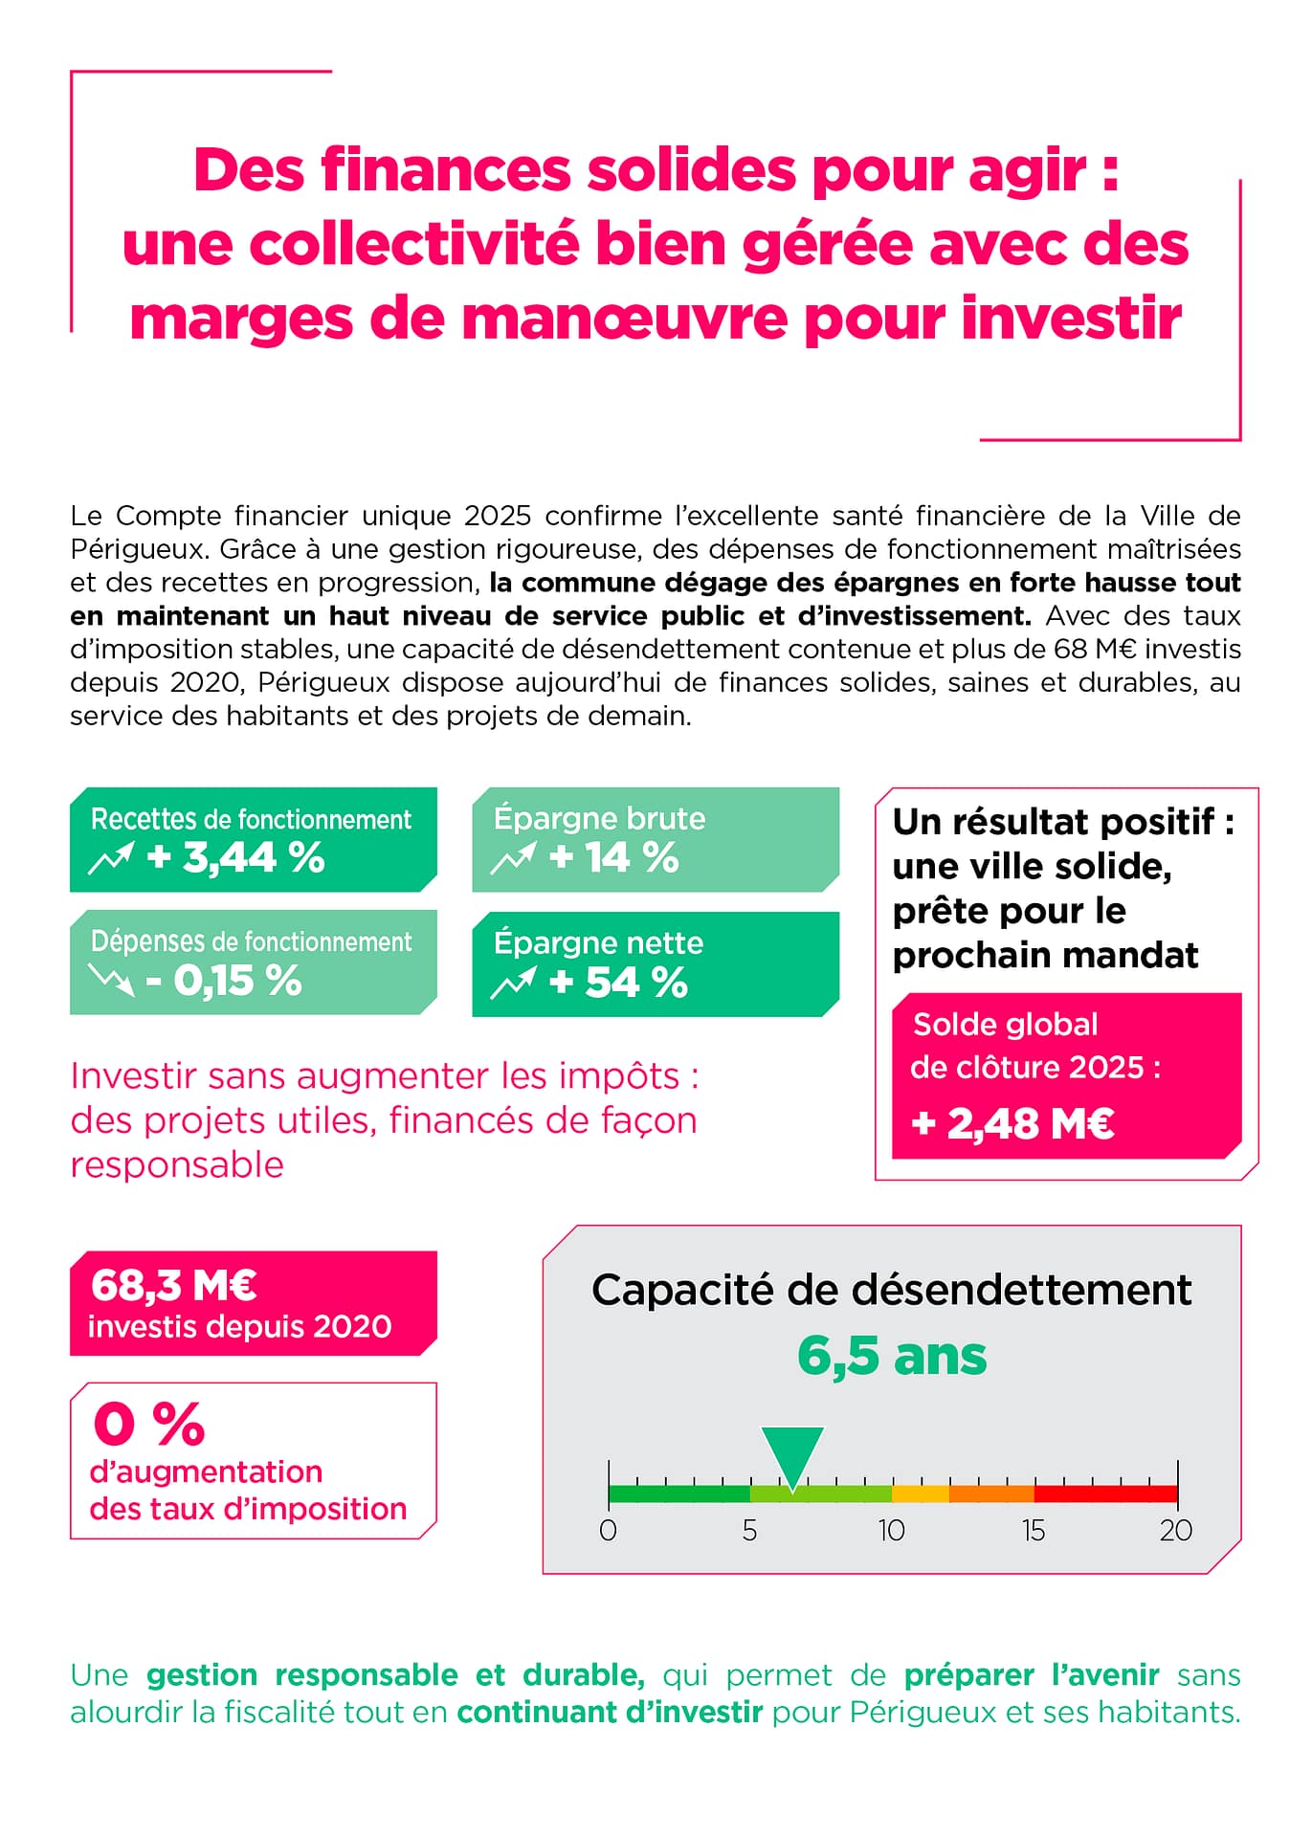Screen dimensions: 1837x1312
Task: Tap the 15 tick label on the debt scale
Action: tap(1034, 1531)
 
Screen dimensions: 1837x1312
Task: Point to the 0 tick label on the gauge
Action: tap(608, 1531)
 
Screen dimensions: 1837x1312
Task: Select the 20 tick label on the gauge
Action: tap(1176, 1531)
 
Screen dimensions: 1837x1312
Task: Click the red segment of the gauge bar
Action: tap(1105, 1494)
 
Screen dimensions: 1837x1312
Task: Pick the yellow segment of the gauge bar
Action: tap(920, 1494)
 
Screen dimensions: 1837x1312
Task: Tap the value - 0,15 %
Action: tap(224, 981)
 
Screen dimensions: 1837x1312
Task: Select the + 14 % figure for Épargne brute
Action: tap(613, 857)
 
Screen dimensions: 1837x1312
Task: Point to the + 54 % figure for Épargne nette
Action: tap(618, 983)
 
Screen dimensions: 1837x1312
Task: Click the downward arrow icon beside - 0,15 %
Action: tap(111, 979)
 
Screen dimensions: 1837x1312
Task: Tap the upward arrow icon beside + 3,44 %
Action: tap(111, 858)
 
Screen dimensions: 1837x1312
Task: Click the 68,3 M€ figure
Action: tap(173, 1285)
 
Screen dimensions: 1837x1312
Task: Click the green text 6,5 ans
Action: tap(892, 1356)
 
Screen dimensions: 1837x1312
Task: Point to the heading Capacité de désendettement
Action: tap(891, 1290)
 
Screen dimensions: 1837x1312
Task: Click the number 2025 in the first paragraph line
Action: tap(498, 516)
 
